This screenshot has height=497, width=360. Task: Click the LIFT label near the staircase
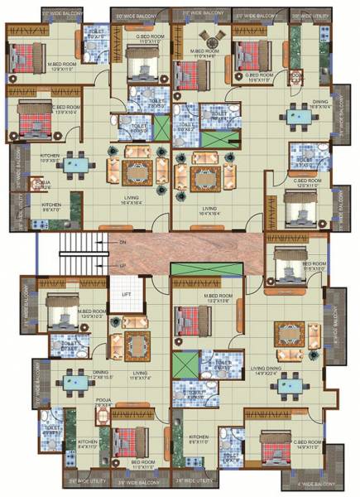127,294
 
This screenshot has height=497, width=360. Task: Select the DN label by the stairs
122,241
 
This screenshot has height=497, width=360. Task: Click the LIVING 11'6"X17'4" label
145,376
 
